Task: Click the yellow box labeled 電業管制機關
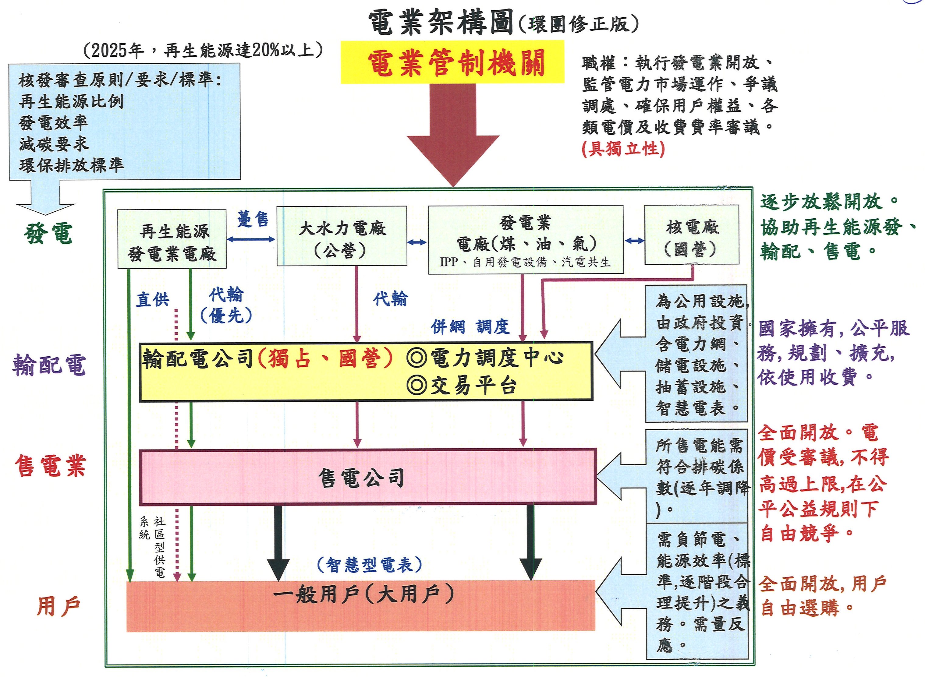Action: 452,62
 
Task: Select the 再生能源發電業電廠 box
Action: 172,239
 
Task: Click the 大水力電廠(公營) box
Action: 342,236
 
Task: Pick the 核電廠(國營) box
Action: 691,235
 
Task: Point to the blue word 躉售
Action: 253,220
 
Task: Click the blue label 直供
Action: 153,300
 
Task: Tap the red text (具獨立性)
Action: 623,149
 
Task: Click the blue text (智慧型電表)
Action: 370,565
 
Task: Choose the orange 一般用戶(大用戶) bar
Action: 361,606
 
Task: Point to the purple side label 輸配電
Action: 49,365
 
